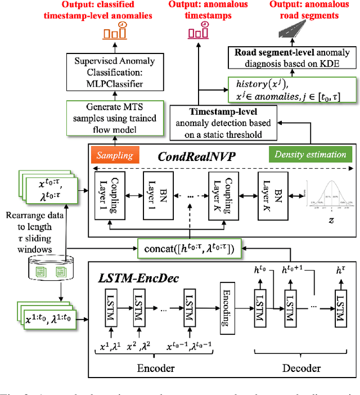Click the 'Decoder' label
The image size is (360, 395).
[300, 368]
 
